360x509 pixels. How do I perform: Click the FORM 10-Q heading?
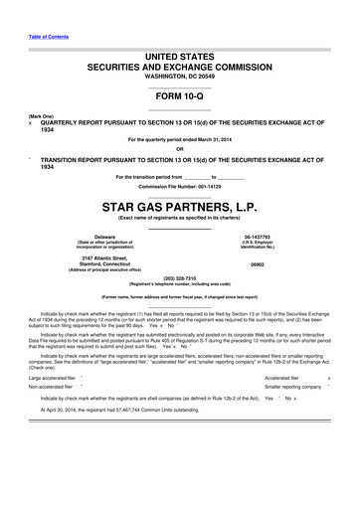click(179, 97)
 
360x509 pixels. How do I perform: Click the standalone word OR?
click(179, 150)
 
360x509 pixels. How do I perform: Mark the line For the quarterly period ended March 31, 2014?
click(179, 140)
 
